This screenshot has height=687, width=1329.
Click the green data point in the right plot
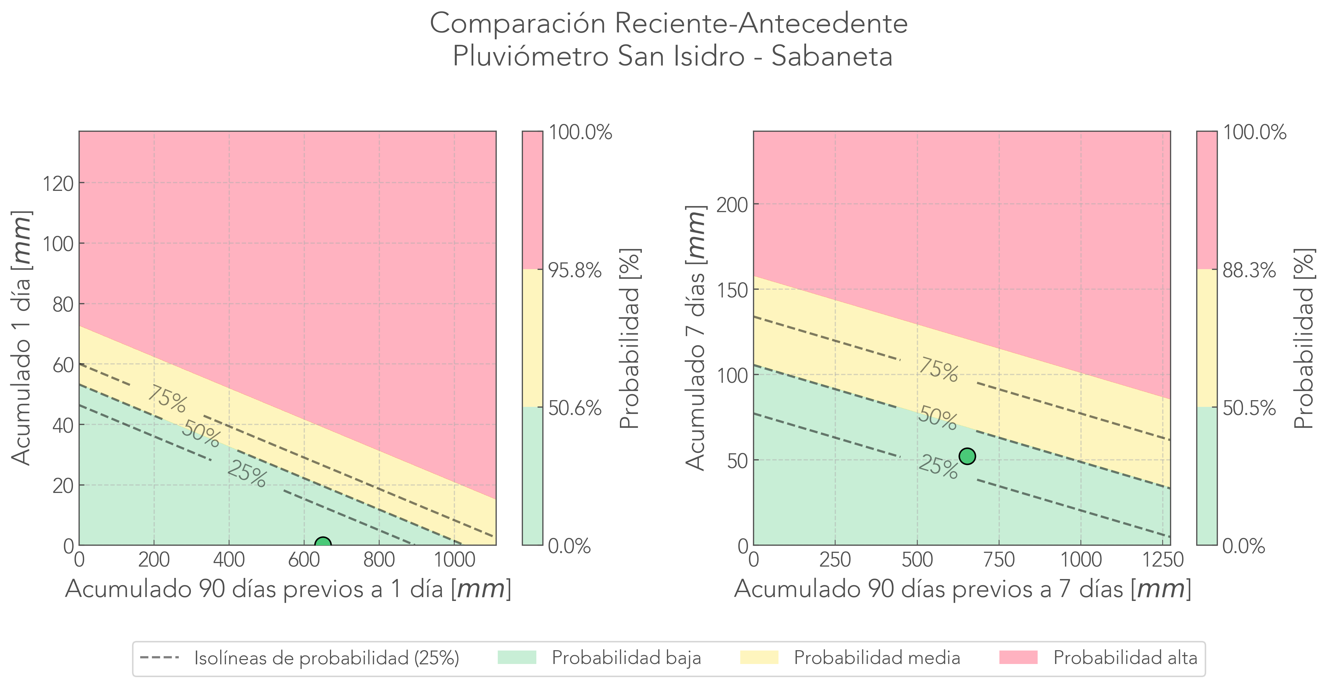tap(967, 456)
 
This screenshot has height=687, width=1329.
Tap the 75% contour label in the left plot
tap(167, 399)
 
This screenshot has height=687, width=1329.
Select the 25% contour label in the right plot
tap(938, 467)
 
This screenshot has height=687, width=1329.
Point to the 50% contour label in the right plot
tap(937, 418)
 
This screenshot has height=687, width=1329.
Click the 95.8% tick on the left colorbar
tap(575, 270)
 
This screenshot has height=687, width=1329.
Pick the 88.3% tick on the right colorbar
tap(1249, 270)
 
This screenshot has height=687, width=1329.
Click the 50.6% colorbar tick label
tap(575, 408)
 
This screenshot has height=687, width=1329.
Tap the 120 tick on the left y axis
tap(58, 183)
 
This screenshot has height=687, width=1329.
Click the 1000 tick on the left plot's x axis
tap(454, 560)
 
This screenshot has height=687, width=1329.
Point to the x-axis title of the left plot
tap(288, 589)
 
